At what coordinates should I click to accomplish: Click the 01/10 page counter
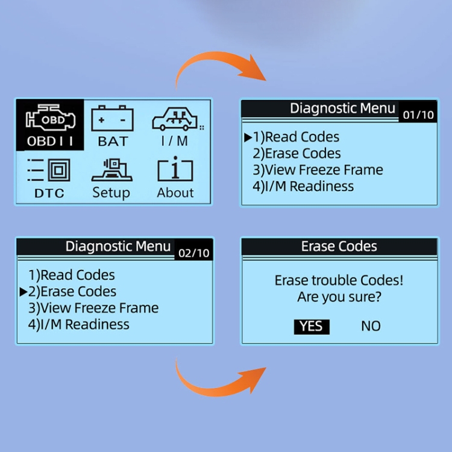[x=418, y=115]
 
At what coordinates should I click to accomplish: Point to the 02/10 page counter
[x=193, y=253]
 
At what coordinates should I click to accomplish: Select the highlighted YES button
[x=312, y=326]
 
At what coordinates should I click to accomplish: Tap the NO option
[x=371, y=326]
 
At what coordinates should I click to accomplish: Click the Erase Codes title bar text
[x=339, y=246]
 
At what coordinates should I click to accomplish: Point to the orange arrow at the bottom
[x=220, y=380]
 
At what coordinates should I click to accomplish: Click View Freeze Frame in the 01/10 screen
[x=318, y=170]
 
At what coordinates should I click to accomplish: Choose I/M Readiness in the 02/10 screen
[x=78, y=324]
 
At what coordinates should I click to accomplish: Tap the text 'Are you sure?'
[x=339, y=297]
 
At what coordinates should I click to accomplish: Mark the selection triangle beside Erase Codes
[x=24, y=292]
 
